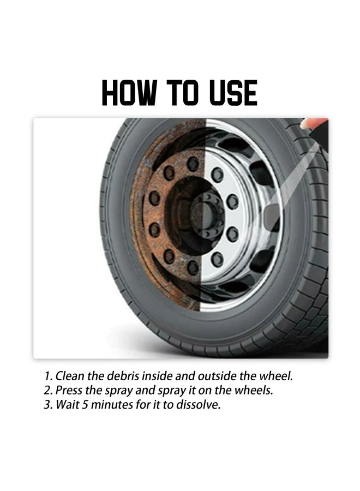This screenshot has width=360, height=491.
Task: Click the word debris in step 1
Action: tap(121, 376)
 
